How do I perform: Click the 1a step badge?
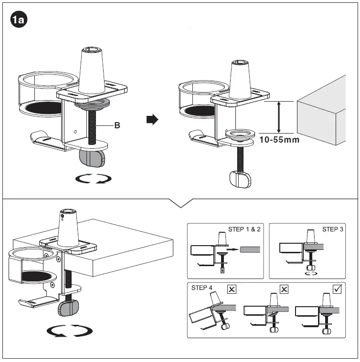point(19,21)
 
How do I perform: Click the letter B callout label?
point(117,126)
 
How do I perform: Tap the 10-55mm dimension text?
point(279,140)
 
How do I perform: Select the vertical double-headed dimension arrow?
point(278,117)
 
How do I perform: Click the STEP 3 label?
point(332,229)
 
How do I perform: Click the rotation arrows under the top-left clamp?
point(95,179)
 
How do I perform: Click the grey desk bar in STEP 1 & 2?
point(250,249)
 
